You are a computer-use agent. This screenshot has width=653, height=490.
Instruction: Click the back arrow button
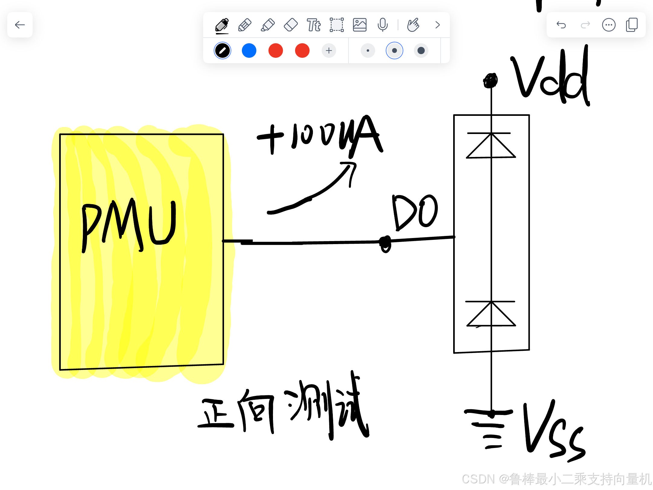click(20, 25)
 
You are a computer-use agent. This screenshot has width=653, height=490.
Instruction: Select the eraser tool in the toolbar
click(291, 25)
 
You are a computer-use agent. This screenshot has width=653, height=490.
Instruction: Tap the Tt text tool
click(314, 25)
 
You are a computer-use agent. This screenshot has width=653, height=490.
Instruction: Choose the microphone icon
click(382, 25)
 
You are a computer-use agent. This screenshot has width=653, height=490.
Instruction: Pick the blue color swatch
click(249, 51)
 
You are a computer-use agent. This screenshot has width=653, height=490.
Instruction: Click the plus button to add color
click(329, 51)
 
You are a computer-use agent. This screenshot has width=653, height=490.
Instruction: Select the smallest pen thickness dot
click(368, 51)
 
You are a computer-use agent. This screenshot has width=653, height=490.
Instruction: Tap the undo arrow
click(561, 25)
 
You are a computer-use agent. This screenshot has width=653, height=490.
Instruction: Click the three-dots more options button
click(609, 25)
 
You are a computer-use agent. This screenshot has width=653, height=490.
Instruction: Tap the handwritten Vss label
click(553, 433)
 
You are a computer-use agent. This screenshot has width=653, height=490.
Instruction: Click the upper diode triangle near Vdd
click(491, 147)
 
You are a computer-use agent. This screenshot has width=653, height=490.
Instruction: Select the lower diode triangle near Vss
click(491, 315)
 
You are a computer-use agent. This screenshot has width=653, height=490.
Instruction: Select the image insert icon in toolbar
click(359, 25)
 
